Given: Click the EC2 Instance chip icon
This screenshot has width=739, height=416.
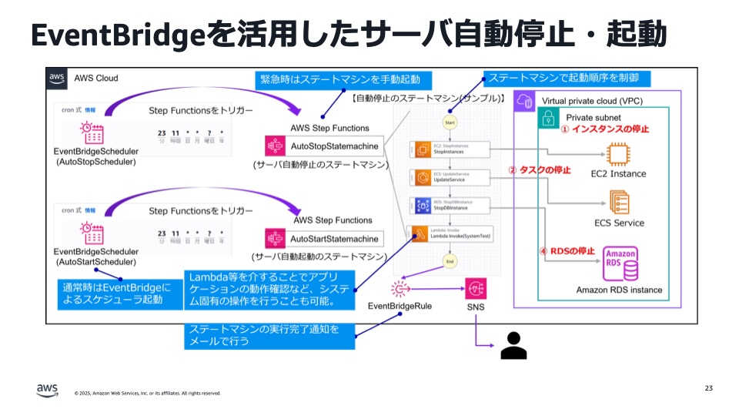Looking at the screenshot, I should click(x=618, y=153).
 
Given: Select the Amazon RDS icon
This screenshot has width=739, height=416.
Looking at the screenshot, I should click(x=620, y=264).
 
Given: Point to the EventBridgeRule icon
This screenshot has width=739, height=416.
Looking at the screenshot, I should click(x=400, y=290).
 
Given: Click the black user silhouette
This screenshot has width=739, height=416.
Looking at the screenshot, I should click(x=513, y=346).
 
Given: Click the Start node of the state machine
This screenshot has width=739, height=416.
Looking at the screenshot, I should click(x=450, y=122).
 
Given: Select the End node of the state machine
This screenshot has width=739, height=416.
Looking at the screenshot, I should click(x=450, y=261).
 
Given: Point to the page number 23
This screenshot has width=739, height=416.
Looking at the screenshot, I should click(x=708, y=387).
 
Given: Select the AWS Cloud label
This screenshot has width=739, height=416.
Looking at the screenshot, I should click(x=95, y=79).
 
